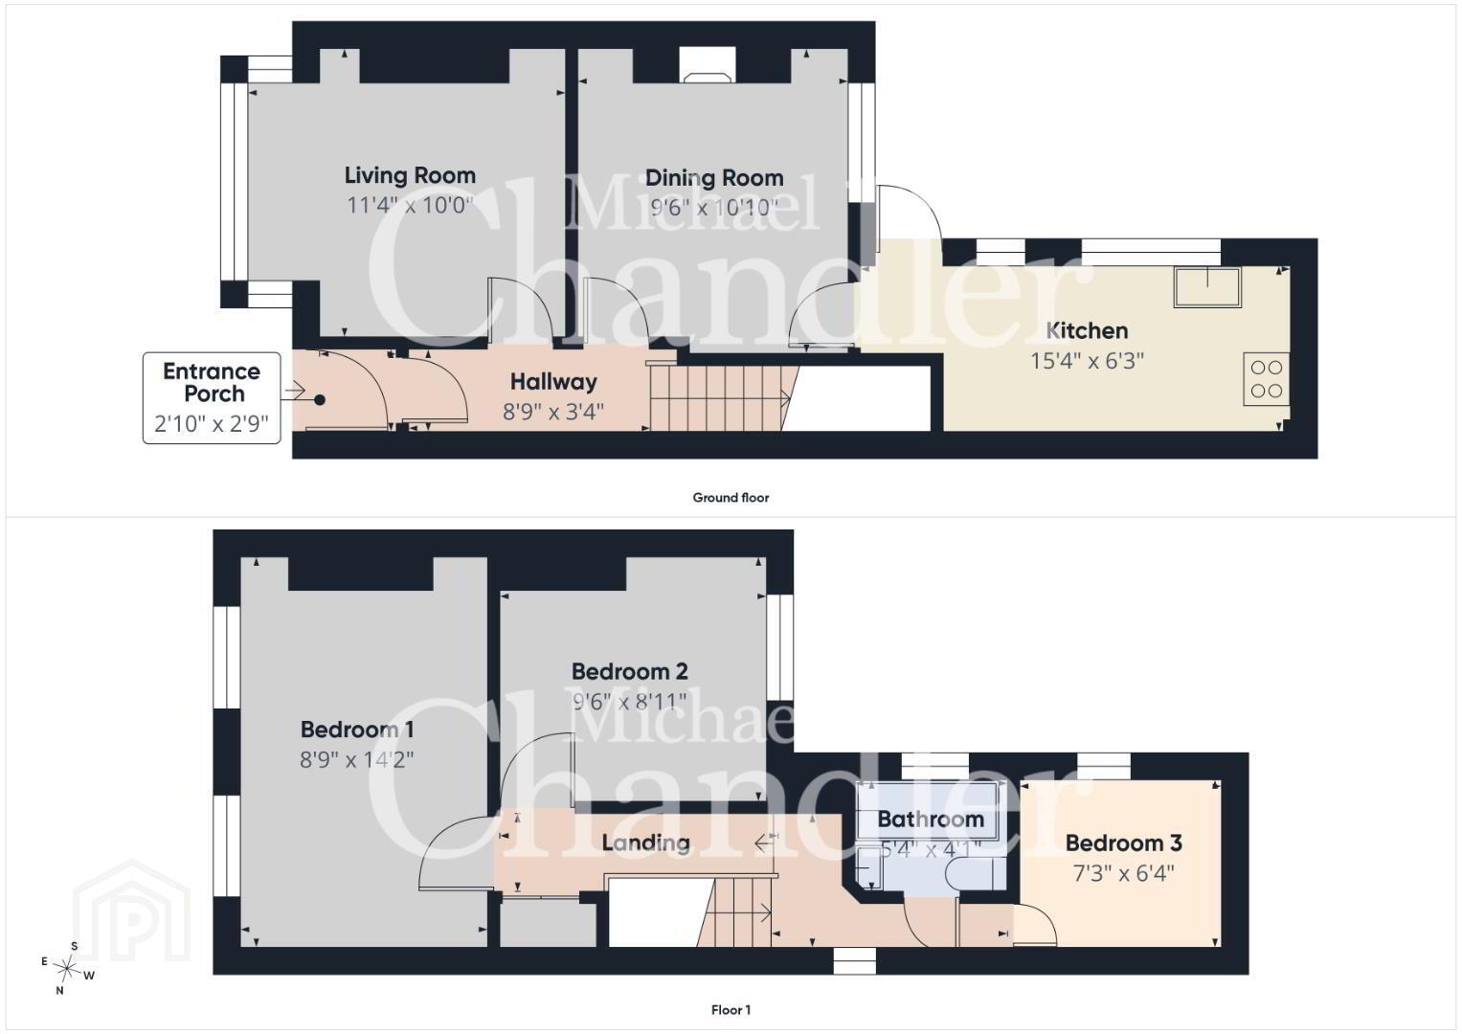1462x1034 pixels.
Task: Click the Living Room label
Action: click(410, 175)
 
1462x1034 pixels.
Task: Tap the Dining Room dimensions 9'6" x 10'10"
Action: click(714, 208)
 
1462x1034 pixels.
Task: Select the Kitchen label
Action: click(1087, 330)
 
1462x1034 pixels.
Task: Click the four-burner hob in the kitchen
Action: click(1266, 378)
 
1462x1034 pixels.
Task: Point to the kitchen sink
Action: click(1207, 287)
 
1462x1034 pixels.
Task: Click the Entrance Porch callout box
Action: click(212, 397)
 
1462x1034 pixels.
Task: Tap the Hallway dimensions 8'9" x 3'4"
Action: click(552, 412)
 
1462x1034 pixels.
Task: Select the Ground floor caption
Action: click(731, 498)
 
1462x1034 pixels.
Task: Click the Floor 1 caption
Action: click(731, 1010)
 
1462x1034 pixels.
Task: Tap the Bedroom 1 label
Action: click(357, 730)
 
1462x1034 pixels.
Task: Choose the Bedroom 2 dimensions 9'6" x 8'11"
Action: click(629, 702)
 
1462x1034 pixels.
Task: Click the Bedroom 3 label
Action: click(1123, 843)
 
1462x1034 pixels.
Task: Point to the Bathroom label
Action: click(930, 820)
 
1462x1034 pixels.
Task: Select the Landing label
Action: click(645, 843)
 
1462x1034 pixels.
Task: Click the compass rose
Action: click(67, 967)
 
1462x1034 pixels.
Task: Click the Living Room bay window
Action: click(234, 182)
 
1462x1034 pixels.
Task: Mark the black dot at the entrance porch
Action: click(320, 400)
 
